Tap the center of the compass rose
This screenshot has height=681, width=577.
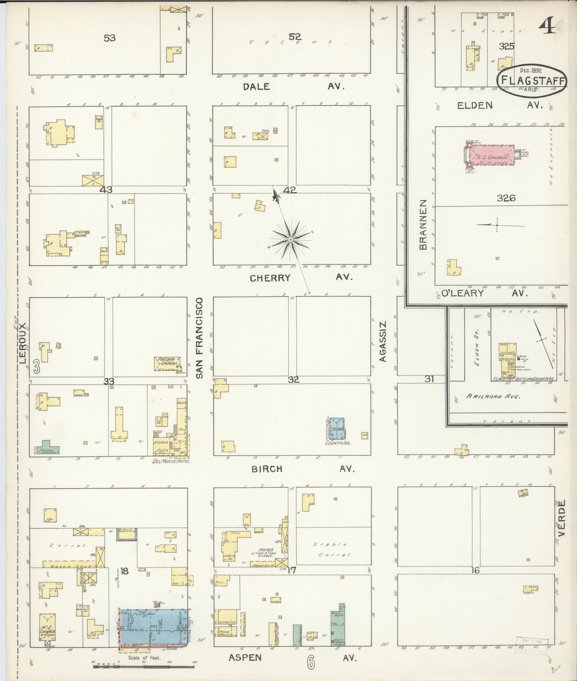pos(291,239)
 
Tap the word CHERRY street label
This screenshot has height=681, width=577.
pos(270,278)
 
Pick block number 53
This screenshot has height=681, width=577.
pos(109,38)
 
